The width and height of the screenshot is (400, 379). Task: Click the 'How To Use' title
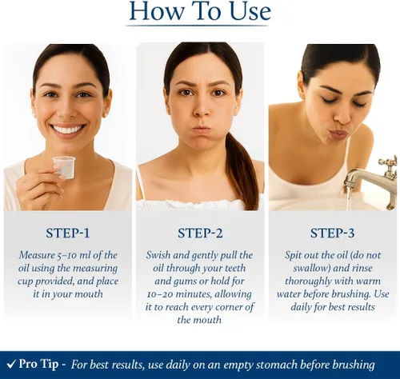pyautogui.click(x=200, y=11)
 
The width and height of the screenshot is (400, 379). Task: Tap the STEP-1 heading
pyautogui.click(x=68, y=233)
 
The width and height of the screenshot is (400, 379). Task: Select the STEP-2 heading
pyautogui.click(x=200, y=233)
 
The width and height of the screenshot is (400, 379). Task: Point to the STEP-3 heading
pyautogui.click(x=332, y=233)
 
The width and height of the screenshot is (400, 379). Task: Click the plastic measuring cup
pyautogui.click(x=64, y=167)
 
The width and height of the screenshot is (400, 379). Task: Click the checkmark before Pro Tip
pyautogui.click(x=11, y=364)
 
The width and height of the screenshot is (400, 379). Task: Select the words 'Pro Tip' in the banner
pyautogui.click(x=38, y=364)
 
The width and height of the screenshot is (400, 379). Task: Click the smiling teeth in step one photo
pyautogui.click(x=68, y=130)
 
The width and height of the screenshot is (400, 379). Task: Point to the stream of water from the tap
pyautogui.click(x=349, y=198)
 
